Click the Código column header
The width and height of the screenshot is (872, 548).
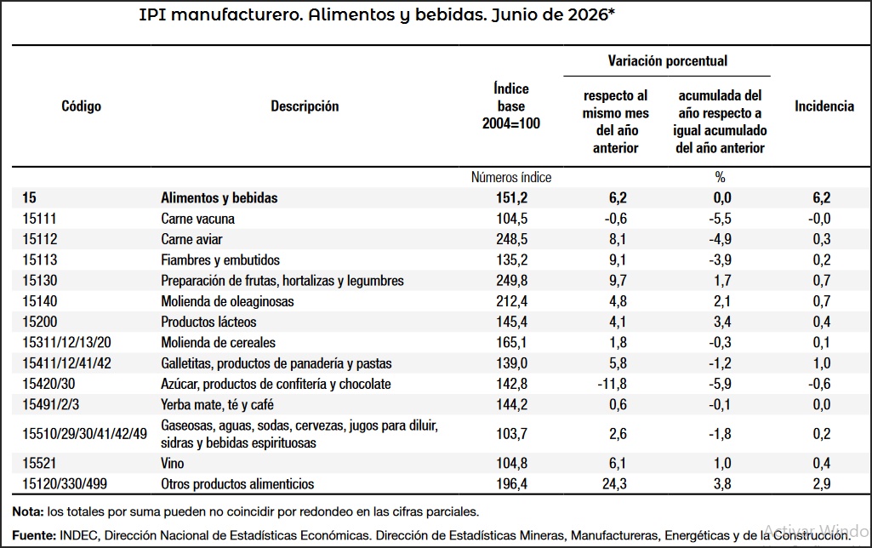(81, 106)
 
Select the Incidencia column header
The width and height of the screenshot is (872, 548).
(824, 106)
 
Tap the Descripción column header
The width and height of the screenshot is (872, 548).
(305, 106)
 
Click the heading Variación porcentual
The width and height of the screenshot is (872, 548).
(667, 60)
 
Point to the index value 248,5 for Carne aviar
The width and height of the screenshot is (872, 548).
(511, 239)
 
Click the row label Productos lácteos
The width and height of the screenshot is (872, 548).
(208, 323)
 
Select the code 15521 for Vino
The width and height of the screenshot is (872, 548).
(39, 464)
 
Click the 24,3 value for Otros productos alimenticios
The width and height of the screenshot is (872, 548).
(614, 484)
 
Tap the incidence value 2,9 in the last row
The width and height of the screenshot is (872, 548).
(822, 484)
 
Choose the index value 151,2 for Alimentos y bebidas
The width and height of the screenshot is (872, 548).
(511, 198)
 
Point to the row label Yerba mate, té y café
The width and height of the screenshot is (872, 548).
(217, 405)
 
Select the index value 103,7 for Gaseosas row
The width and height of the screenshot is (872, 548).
(511, 434)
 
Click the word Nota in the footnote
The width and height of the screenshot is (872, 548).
(27, 512)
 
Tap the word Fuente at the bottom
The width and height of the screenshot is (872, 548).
(34, 536)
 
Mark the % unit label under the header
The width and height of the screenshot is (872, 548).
(721, 178)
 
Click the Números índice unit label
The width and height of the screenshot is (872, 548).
(511, 178)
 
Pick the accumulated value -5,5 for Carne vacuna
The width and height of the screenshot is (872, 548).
(720, 219)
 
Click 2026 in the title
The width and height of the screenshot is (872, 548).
(588, 14)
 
